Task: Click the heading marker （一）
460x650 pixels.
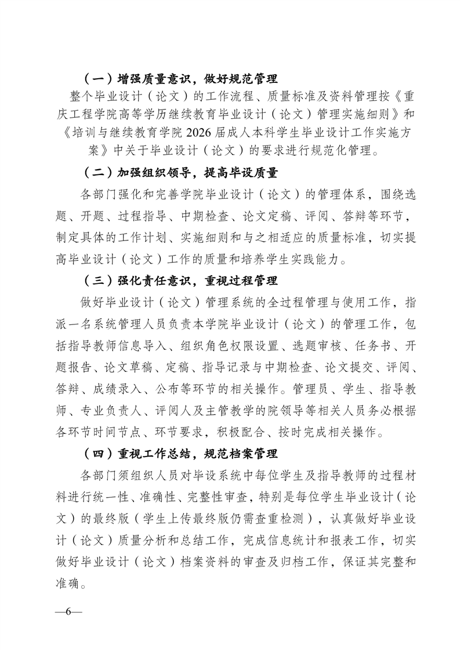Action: pyautogui.click(x=94, y=78)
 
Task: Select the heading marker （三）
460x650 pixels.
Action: pyautogui.click(x=94, y=281)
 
